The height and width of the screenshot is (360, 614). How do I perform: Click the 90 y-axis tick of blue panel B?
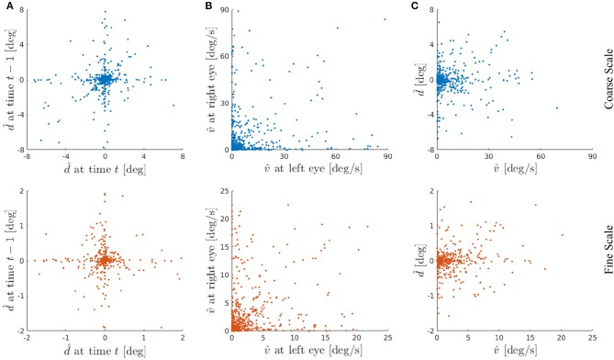click(223, 10)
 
